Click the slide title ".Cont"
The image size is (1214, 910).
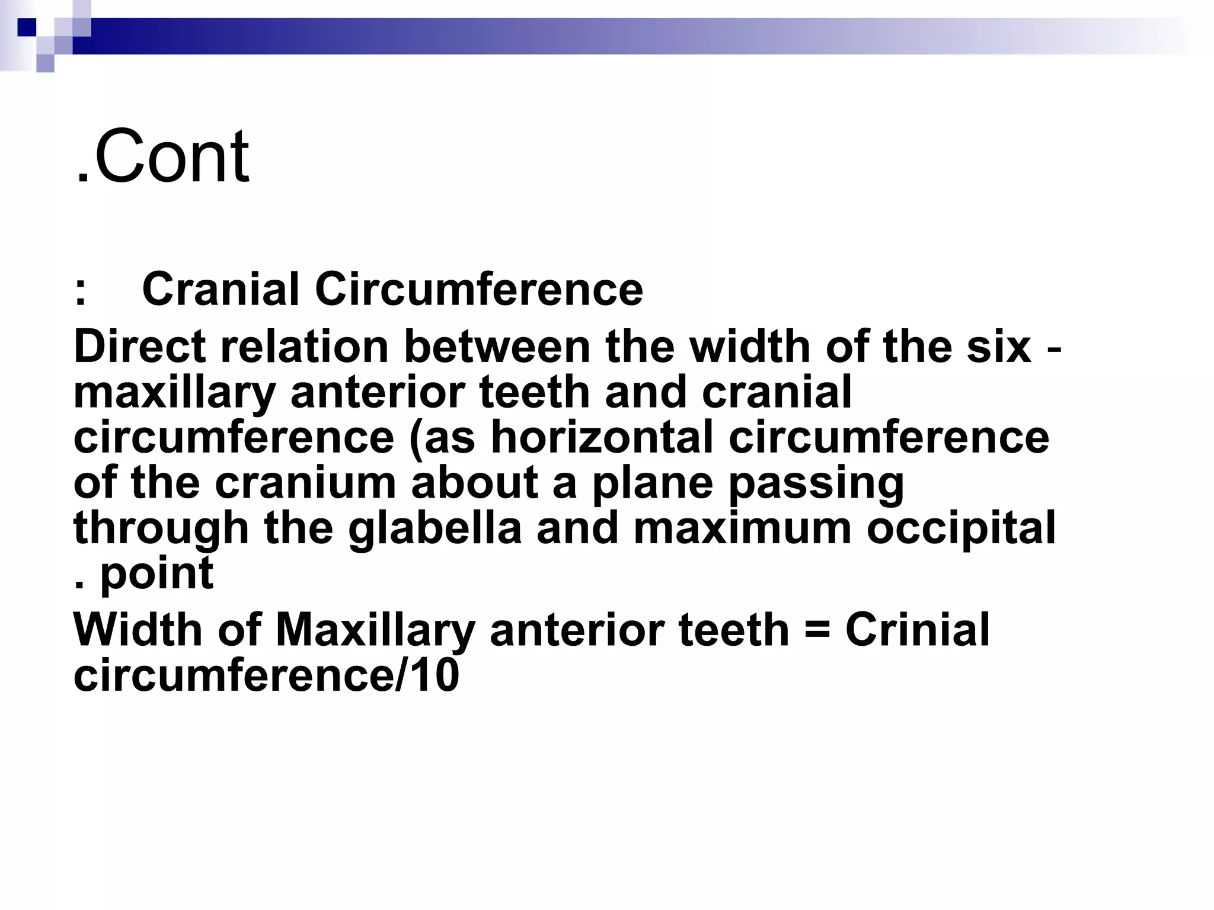click(162, 156)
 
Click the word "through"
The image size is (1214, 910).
click(161, 529)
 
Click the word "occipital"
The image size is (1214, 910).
click(961, 529)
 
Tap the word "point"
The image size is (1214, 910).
click(156, 574)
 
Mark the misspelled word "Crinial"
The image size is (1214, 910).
click(917, 629)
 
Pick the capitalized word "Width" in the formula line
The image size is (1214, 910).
click(138, 629)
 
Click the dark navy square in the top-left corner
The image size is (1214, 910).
click(27, 27)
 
